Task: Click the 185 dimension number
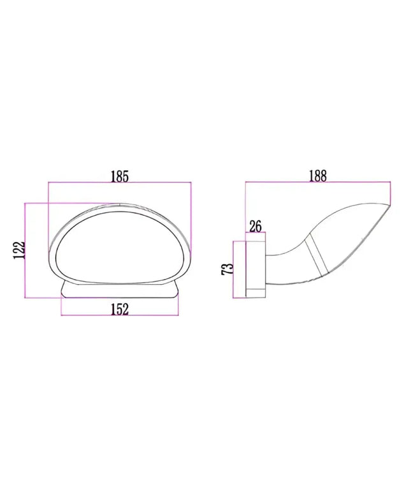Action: (x=120, y=176)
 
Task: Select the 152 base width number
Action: (x=120, y=309)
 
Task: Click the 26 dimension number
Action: (x=256, y=225)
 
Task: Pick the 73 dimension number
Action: (x=226, y=269)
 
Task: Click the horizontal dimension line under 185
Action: (x=120, y=184)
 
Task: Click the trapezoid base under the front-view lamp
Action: (x=120, y=290)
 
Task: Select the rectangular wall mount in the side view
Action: (x=256, y=265)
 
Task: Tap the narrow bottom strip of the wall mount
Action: (x=256, y=293)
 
